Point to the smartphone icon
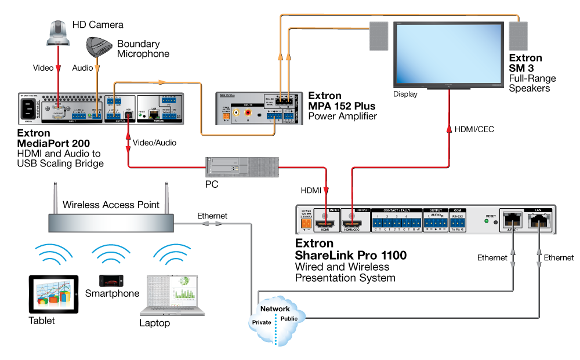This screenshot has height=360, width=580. click(110, 281)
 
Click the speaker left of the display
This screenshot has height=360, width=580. click(378, 36)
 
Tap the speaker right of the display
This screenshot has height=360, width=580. click(518, 36)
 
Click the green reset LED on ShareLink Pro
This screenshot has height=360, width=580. click(485, 221)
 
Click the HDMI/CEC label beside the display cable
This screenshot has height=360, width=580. click(475, 129)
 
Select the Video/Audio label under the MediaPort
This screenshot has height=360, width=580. click(155, 142)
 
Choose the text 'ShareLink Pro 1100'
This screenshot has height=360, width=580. click(350, 255)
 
